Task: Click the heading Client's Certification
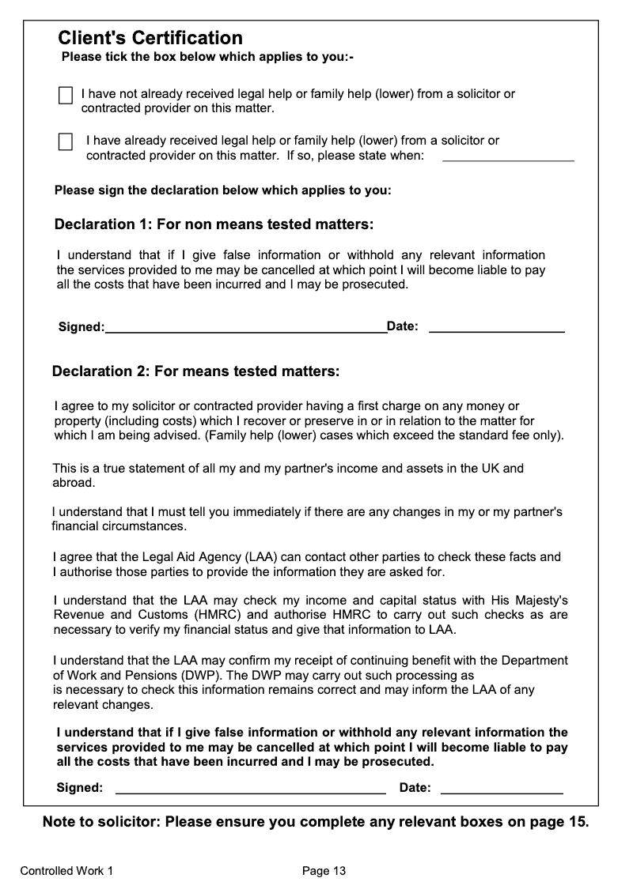[150, 38]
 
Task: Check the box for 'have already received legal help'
[66, 142]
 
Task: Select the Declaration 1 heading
[214, 224]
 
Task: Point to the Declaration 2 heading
[195, 371]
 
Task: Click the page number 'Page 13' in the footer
[324, 871]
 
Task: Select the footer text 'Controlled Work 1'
[66, 871]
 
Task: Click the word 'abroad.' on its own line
[74, 482]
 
